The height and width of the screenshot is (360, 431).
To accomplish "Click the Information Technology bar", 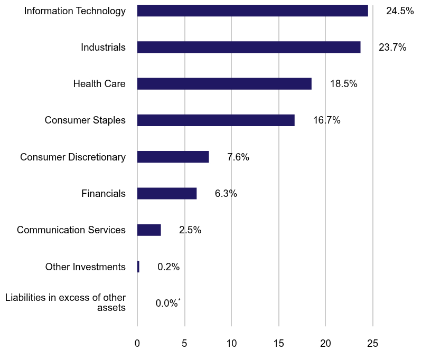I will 252,11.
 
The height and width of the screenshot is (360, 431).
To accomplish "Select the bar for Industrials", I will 249,47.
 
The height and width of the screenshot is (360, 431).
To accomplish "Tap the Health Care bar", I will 224,83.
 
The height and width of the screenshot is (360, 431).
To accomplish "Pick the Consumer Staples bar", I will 215,120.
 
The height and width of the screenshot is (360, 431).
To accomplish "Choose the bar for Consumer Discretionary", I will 173,157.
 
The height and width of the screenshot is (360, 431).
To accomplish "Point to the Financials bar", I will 167,194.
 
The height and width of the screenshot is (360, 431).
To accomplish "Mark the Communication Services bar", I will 149,230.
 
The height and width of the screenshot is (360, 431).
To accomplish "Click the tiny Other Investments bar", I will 138,267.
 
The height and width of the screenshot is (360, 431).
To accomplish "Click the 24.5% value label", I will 400,11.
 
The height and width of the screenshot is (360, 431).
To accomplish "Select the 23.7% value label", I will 392,47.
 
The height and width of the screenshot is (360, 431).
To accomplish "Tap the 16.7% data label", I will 326,120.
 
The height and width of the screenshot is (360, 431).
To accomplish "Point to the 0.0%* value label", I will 168,304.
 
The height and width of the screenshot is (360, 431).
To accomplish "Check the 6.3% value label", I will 226,194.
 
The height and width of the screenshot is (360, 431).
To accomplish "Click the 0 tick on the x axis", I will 137,343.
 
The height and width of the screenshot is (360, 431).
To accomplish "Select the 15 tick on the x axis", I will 278,343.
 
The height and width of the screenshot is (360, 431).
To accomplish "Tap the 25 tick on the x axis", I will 372,343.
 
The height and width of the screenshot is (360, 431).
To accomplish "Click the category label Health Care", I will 99,83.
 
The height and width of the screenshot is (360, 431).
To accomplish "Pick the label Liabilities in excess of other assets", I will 65,303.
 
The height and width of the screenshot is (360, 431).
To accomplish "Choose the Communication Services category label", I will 71,230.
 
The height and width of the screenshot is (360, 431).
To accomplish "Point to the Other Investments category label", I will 86,267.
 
